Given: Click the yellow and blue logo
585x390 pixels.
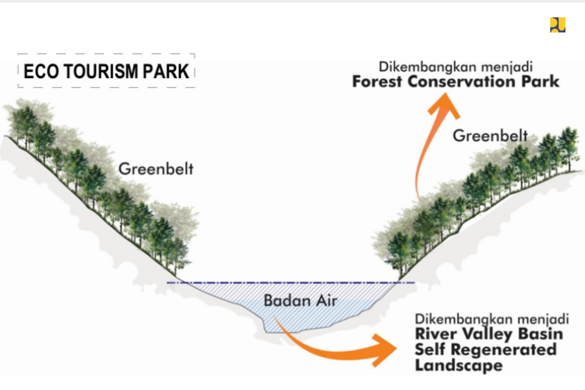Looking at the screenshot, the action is coord(558,25).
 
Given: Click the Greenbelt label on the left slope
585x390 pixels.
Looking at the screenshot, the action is coord(156,169).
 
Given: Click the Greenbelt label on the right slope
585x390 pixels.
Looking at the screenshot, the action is coord(490,136).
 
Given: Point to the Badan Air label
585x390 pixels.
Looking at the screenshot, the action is coord(301,301).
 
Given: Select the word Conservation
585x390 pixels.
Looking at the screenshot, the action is coord(462,81).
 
